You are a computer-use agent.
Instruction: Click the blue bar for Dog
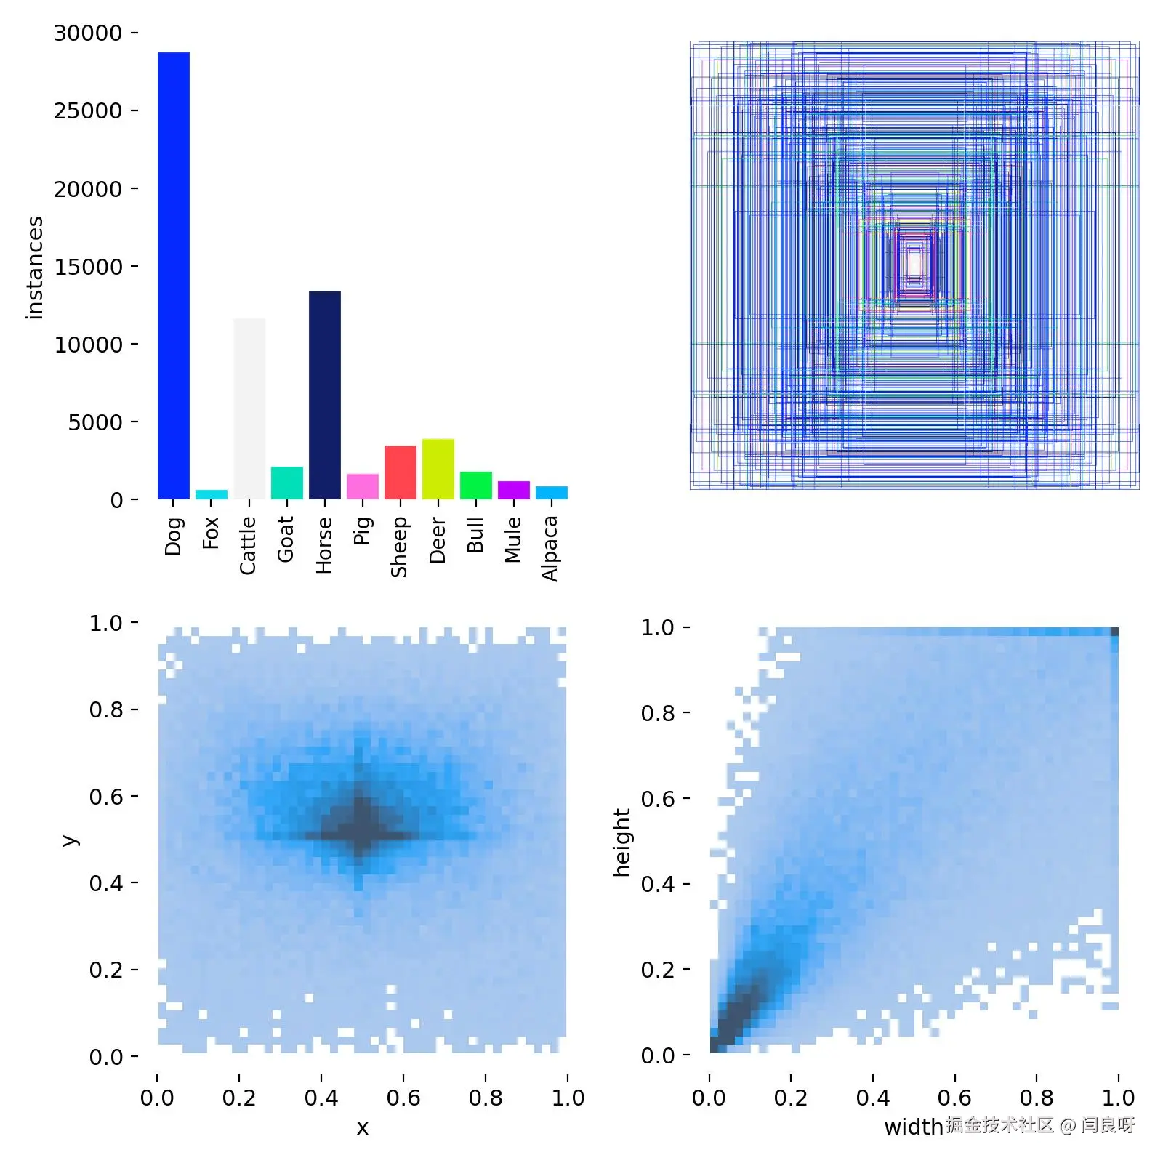coord(173,276)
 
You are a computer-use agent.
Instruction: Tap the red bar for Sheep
coord(400,472)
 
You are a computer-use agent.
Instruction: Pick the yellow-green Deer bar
coord(438,469)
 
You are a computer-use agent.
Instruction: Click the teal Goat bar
coord(286,483)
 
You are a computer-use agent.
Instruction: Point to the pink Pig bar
coord(362,486)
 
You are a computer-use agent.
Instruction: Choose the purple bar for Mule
coord(513,490)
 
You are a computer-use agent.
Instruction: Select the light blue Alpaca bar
coord(551,493)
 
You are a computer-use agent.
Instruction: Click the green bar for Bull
coord(475,486)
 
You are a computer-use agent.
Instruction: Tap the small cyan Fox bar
coord(211,494)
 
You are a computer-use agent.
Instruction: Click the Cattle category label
coord(248,545)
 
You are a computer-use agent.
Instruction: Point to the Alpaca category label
coord(550,548)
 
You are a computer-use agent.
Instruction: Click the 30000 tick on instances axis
coord(88,33)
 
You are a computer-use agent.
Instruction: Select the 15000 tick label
coord(88,267)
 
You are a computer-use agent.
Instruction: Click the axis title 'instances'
coord(34,267)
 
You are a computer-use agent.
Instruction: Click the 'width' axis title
coord(913,1127)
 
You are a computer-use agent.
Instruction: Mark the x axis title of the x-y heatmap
coord(362,1127)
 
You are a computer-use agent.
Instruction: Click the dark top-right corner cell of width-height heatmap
coord(1114,632)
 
